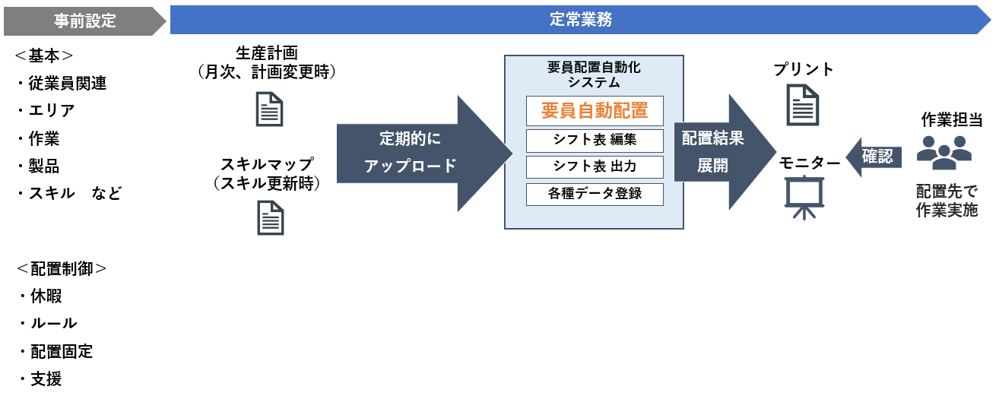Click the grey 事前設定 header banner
(84, 21)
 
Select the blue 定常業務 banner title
(580, 20)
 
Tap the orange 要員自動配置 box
(595, 111)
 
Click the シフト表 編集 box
(595, 141)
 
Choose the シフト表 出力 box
(595, 167)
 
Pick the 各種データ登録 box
(595, 194)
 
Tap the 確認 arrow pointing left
(874, 157)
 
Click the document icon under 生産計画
(270, 109)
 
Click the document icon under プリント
(803, 104)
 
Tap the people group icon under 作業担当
(943, 152)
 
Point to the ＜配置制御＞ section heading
(61, 268)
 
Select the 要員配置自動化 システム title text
(595, 74)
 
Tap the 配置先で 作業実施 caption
(947, 200)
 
